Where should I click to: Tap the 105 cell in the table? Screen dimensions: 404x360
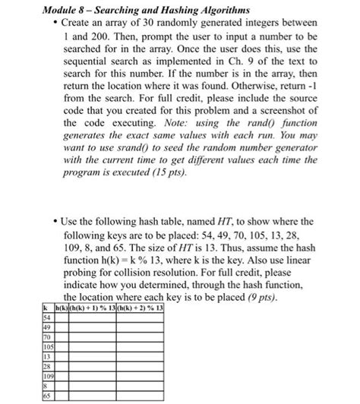(47, 344)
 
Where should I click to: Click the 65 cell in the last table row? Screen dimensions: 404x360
(46, 394)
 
